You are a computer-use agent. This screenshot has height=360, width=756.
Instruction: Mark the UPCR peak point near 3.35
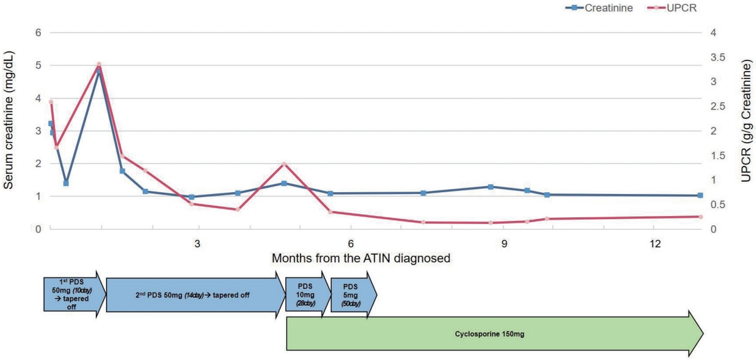(x=99, y=64)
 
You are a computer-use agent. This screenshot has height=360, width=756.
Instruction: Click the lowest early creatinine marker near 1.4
(x=66, y=183)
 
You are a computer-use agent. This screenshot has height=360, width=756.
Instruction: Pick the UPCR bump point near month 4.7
(x=284, y=163)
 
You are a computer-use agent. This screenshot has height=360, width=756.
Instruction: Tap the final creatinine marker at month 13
(x=700, y=195)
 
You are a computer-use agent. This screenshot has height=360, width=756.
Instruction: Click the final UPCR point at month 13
(x=700, y=217)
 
